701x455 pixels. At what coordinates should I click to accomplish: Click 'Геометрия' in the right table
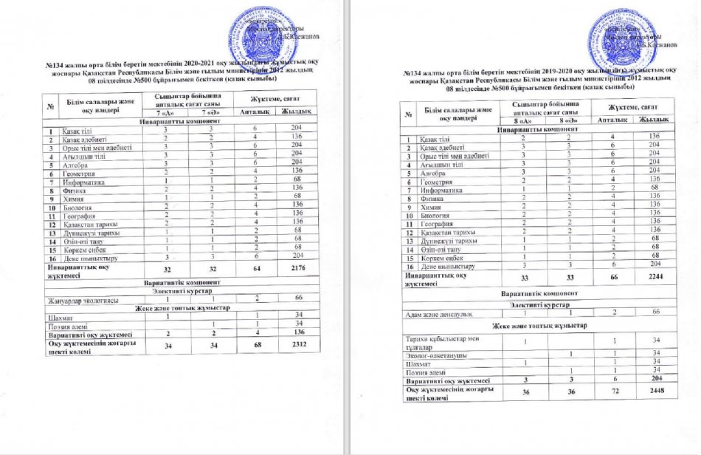[435, 179]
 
